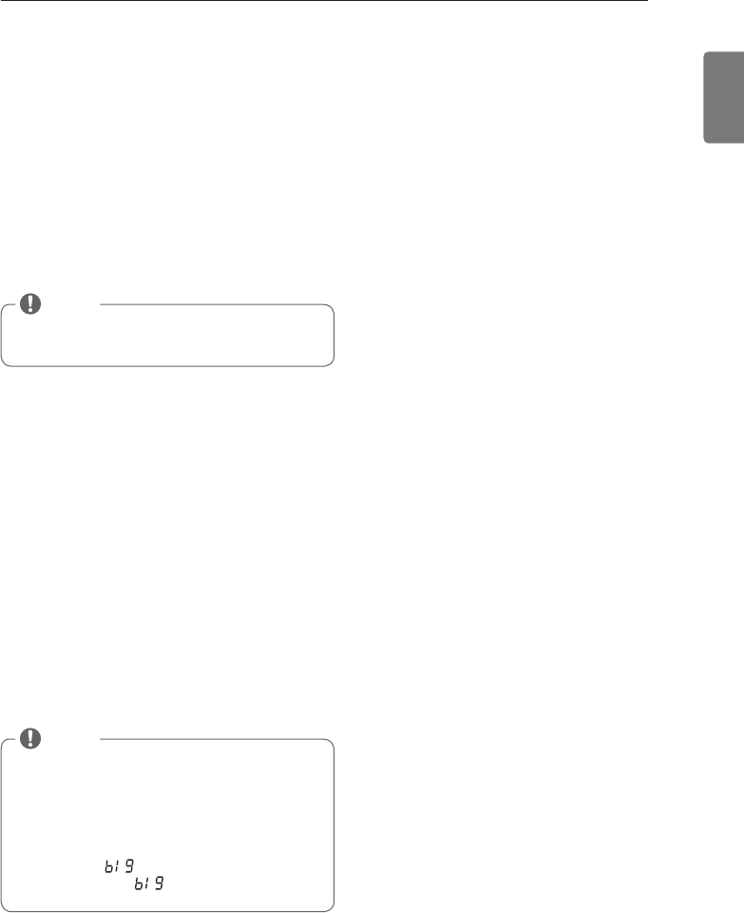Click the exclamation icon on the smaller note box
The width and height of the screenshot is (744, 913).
click(x=32, y=303)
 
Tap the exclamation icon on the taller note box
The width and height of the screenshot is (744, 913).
click(x=32, y=738)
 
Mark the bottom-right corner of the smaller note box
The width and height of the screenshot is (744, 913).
click(x=334, y=364)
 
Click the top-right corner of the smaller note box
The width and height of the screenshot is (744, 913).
click(x=334, y=307)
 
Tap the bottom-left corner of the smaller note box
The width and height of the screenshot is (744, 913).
click(x=3, y=364)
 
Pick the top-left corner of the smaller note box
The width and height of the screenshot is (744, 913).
click(x=3, y=307)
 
